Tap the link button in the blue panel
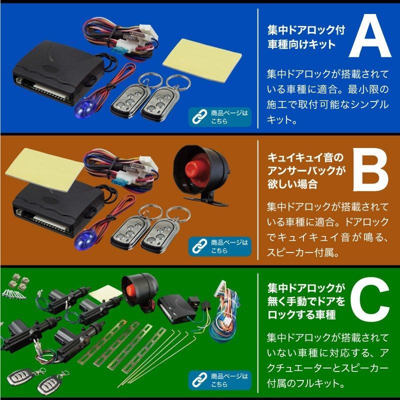click(220, 116)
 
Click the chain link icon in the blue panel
click(198, 117)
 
